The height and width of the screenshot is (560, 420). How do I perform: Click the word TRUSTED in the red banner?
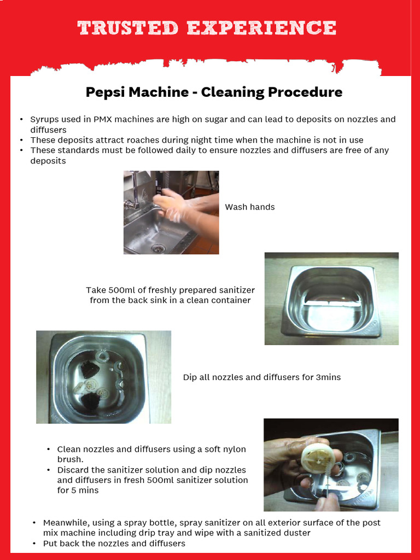128,27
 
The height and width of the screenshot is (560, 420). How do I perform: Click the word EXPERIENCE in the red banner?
261,27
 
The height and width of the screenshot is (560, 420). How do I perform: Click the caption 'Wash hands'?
250,207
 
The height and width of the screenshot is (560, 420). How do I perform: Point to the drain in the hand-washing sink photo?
158,248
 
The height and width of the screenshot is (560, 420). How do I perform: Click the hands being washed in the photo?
175,205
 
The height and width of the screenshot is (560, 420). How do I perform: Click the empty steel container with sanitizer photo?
331,299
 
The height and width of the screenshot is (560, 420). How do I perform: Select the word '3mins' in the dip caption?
328,377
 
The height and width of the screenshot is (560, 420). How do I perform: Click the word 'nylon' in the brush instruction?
234,450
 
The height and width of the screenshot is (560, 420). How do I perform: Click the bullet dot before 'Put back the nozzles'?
34,544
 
